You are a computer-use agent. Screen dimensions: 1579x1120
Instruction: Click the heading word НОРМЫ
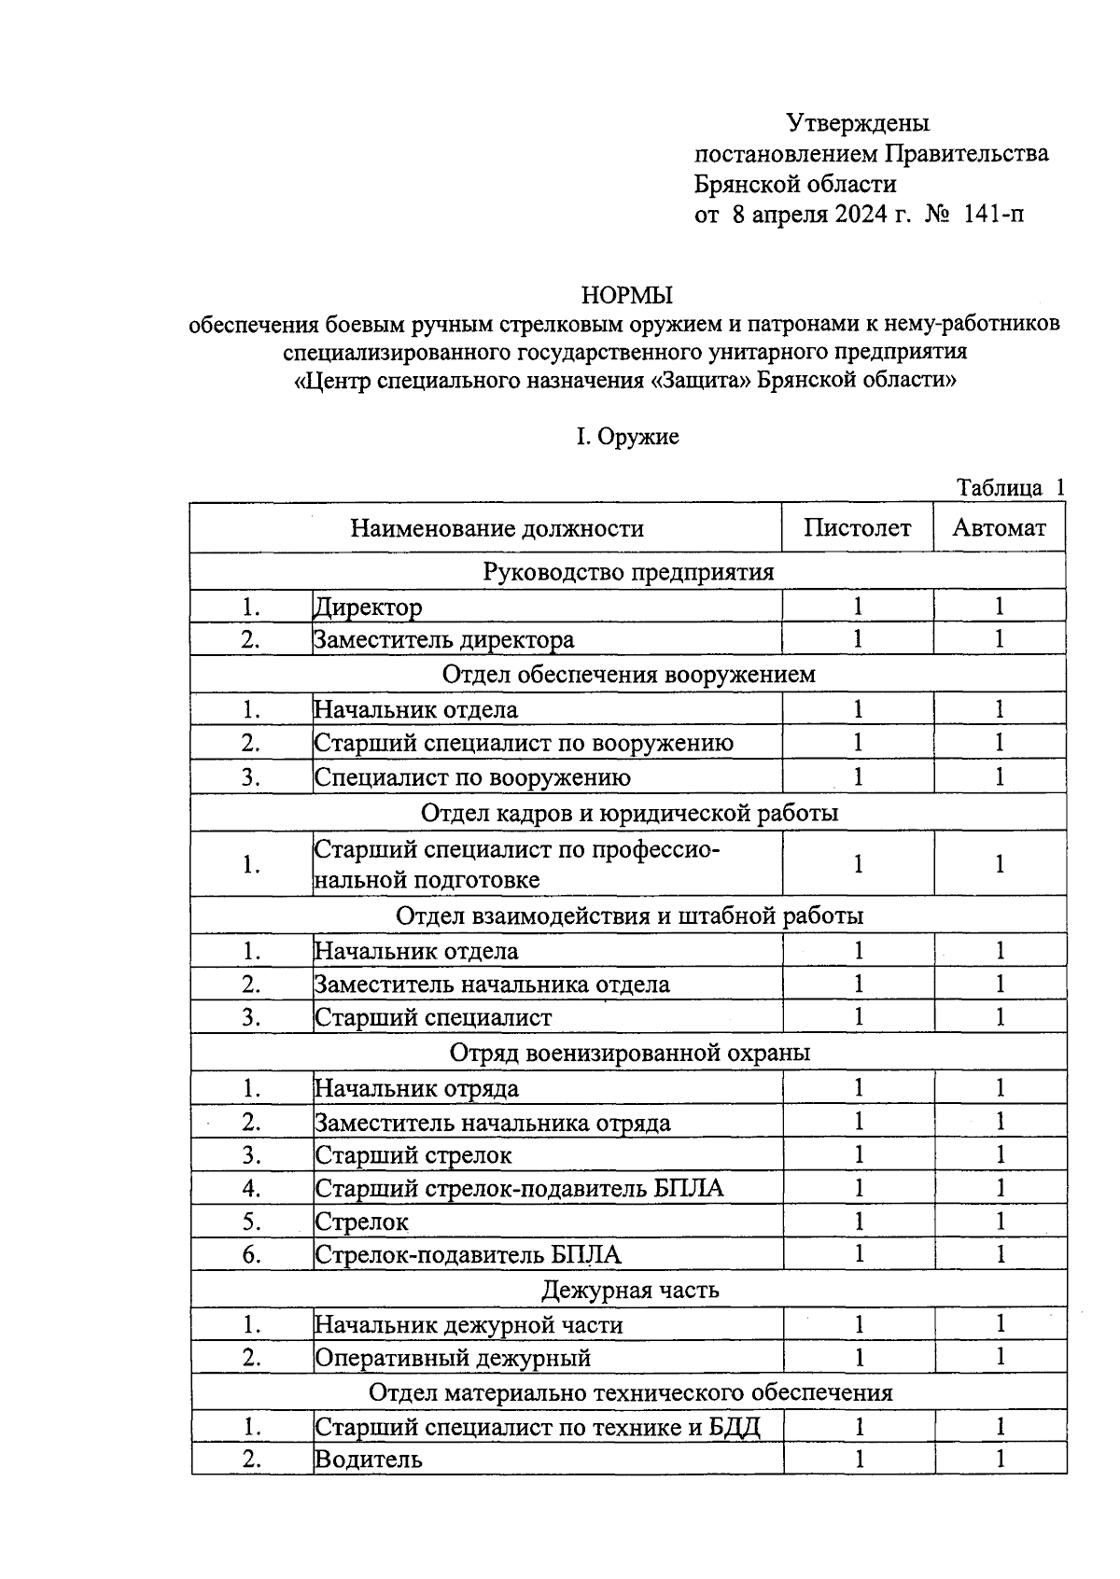626,296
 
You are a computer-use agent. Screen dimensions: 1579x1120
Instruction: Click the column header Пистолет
857,528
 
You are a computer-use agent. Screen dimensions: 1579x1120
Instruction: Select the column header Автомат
999,528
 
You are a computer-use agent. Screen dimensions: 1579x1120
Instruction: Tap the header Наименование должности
497,529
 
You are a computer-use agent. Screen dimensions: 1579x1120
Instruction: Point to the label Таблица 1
1010,487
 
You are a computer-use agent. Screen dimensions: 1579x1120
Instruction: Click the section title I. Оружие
626,437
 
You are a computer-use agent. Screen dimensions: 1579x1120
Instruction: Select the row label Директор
368,608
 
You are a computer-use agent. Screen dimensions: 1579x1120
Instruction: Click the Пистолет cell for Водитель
858,1459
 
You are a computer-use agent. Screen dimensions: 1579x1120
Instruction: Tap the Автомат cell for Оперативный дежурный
1000,1357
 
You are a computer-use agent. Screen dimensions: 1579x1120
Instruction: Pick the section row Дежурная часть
630,1290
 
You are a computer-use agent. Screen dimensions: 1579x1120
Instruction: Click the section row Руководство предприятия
628,571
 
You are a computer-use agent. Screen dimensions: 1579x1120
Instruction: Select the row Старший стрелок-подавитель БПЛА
519,1188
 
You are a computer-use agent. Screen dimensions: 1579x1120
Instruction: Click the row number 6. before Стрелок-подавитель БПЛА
251,1254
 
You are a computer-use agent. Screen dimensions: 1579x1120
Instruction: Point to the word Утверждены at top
858,122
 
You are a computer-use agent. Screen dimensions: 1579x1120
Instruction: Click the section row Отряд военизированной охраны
630,1053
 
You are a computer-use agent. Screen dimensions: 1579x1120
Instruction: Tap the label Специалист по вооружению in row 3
472,777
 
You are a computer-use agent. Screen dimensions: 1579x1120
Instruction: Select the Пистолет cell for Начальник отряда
858,1088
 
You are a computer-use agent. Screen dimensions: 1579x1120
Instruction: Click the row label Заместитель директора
444,640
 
